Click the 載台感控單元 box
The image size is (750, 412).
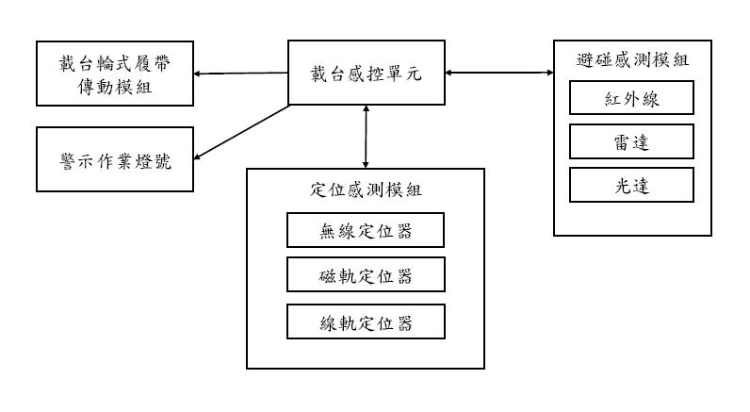pyautogui.click(x=366, y=73)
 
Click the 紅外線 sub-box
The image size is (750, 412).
pyautogui.click(x=631, y=99)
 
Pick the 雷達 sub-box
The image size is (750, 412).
pyautogui.click(x=631, y=142)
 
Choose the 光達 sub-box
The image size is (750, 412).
pyautogui.click(x=631, y=185)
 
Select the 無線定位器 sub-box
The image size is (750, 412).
pyautogui.click(x=366, y=230)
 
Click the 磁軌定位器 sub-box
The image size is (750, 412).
pyautogui.click(x=366, y=276)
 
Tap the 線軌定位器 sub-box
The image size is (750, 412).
pyautogui.click(x=366, y=322)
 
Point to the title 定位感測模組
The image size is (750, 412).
pyautogui.click(x=366, y=190)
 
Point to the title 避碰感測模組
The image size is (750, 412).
pyautogui.click(x=631, y=59)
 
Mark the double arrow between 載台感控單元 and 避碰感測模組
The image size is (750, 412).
pyautogui.click(x=498, y=73)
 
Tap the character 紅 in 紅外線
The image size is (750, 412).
pyautogui.click(x=610, y=99)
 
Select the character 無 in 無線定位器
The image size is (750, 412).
pyautogui.click(x=328, y=230)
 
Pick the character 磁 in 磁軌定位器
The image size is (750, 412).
pyautogui.click(x=328, y=276)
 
